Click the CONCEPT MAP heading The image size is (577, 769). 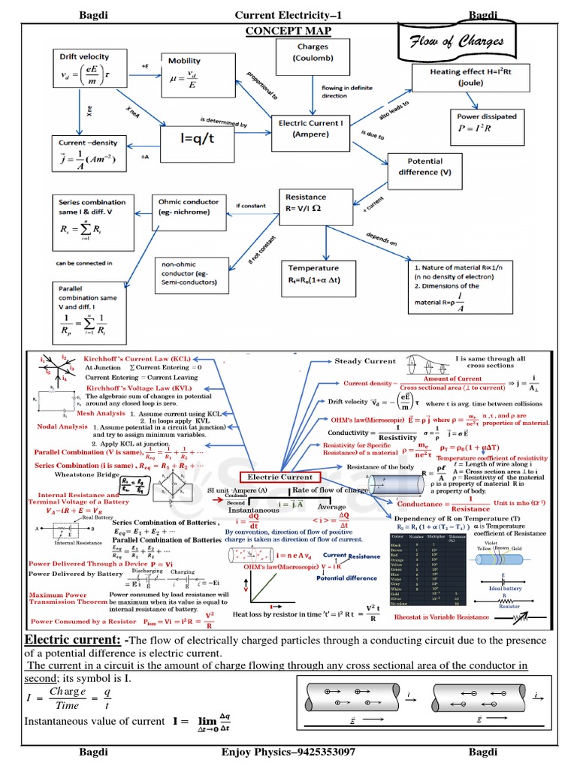click(x=288, y=30)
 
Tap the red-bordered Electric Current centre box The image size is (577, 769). click(x=280, y=477)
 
